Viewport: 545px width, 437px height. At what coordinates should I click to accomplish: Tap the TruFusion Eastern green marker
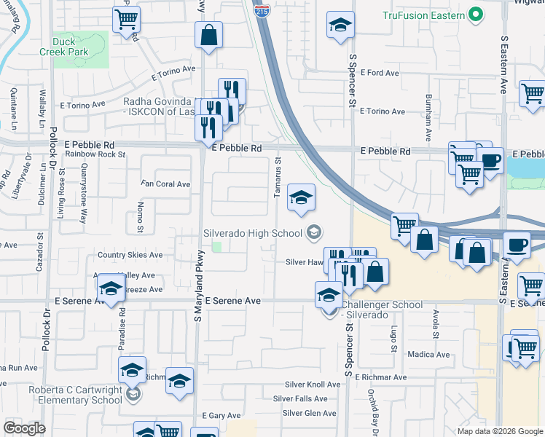476,15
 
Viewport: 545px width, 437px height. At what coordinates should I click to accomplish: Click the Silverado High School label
251,233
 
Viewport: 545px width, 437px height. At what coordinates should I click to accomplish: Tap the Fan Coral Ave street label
165,184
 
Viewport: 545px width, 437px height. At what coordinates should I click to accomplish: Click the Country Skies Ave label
130,255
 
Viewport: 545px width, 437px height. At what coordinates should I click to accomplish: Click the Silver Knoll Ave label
313,385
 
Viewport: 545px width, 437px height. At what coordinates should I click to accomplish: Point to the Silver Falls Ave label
300,398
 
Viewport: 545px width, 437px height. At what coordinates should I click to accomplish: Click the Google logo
25,428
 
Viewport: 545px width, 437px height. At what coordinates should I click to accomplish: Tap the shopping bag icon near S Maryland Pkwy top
208,35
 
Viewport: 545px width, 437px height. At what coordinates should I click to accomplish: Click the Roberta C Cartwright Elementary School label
75,395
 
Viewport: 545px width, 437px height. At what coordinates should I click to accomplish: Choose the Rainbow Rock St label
95,154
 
